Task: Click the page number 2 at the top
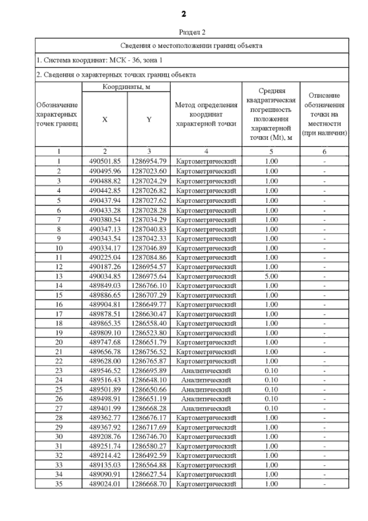click(183, 14)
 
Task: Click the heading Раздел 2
click(192, 32)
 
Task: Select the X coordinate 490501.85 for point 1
click(105, 161)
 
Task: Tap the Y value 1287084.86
click(149, 257)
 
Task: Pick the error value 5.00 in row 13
click(271, 276)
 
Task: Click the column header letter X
click(105, 119)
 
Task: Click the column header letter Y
click(149, 119)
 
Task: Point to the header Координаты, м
click(126, 87)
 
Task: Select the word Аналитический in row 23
click(206, 371)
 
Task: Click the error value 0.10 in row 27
click(271, 408)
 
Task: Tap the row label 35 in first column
click(59, 484)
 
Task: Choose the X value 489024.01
click(105, 484)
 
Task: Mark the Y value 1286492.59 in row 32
click(149, 455)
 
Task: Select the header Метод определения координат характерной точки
click(206, 114)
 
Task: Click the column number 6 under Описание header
click(324, 152)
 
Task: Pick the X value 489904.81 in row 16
click(105, 305)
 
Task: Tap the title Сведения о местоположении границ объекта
click(191, 46)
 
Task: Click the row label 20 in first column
click(59, 342)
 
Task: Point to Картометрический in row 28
click(206, 418)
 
